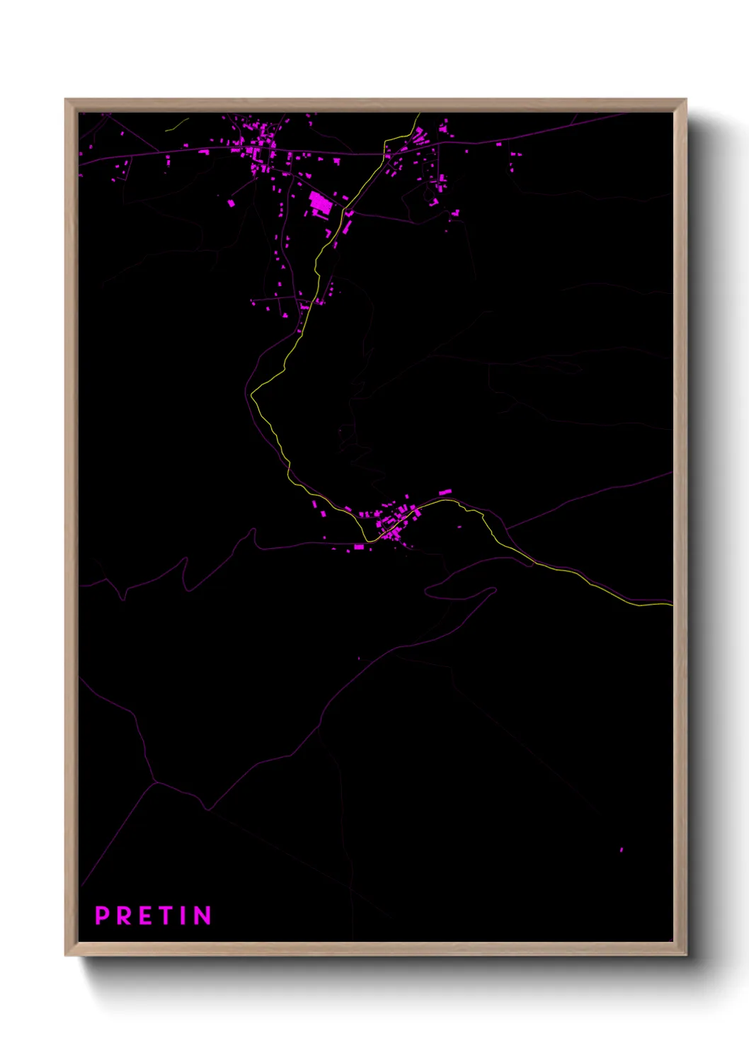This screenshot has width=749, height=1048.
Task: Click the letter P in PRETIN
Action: tap(102, 916)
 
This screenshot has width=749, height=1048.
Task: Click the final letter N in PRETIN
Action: tap(202, 916)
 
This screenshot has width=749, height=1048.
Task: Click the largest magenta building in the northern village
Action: tap(320, 203)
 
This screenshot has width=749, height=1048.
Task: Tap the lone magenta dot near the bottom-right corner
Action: tap(622, 849)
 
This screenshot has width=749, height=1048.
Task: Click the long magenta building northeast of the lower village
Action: tap(445, 491)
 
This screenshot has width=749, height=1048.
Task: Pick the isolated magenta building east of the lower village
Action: tap(460, 526)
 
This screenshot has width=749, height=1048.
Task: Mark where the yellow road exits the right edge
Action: tap(671, 604)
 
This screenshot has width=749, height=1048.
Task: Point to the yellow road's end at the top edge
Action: tap(419, 114)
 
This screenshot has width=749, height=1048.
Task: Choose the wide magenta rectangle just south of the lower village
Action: tap(359, 547)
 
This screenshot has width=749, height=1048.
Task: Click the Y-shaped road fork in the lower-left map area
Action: tap(155, 782)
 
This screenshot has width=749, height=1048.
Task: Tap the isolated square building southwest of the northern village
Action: tap(231, 203)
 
